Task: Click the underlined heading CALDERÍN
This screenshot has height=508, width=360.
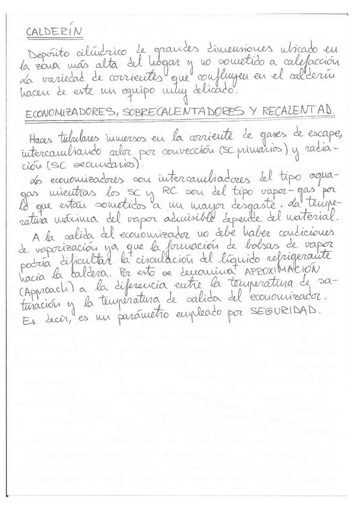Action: pos(55,32)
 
